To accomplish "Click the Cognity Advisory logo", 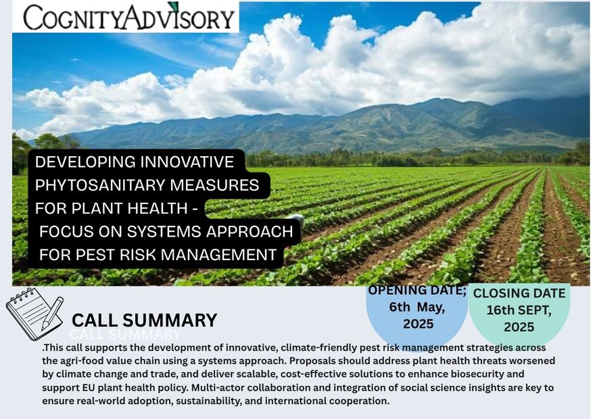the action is point(129,17).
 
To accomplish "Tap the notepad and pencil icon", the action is point(34,314).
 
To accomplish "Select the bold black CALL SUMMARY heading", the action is point(144,320).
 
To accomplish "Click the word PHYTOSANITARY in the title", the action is point(100,185).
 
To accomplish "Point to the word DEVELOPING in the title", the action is point(85,162).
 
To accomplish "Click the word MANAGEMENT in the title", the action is point(221,255).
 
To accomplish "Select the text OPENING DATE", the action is point(417,290).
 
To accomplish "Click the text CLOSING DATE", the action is point(519,293).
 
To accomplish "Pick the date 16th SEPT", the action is point(519,310).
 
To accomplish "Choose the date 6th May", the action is point(417,307).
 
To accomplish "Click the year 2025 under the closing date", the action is point(519,326).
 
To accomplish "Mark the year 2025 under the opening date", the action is point(418,324).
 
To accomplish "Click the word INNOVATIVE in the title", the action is point(187,162).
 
